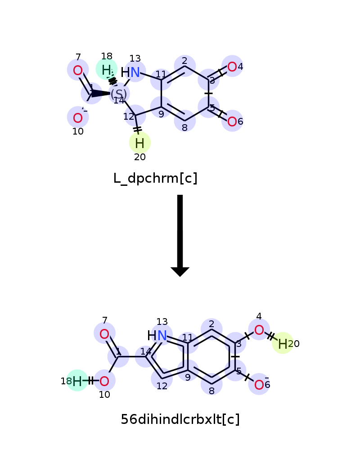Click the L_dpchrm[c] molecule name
155,179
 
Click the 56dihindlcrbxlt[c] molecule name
180,419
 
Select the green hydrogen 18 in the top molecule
106,70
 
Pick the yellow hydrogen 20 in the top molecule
139,143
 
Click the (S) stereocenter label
119,94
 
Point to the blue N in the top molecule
135,72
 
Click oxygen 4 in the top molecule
232,67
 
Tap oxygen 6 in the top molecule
232,121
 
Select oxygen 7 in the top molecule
78,70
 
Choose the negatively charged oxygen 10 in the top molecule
78,118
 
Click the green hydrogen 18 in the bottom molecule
77,382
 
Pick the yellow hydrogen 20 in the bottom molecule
283,344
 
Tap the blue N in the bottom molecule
162,335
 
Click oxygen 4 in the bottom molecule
259,330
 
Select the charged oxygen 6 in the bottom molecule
259,385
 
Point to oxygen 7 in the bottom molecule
104,334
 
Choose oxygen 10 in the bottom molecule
104,382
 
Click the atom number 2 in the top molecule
184,61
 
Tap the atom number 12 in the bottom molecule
162,386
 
